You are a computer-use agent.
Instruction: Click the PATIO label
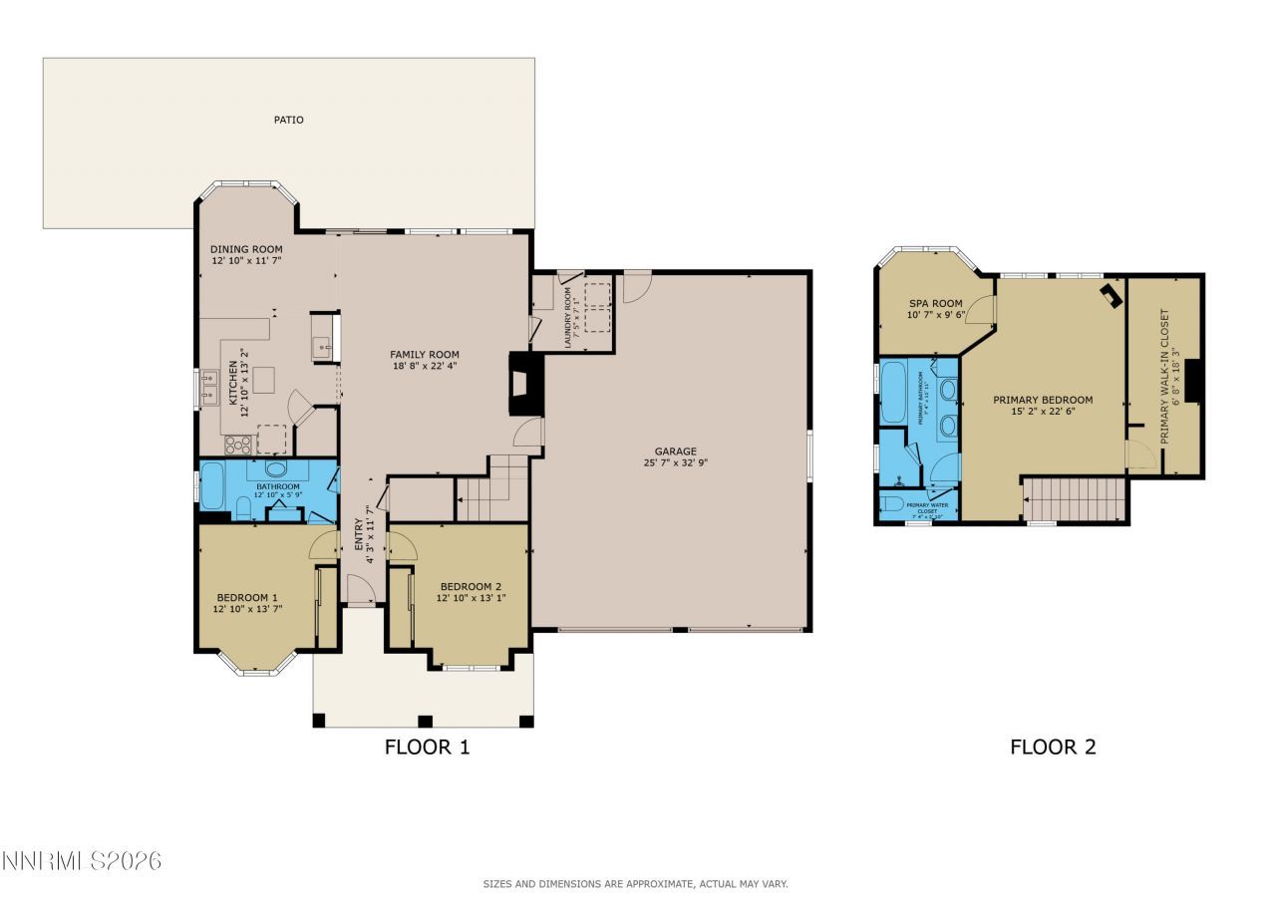point(288,120)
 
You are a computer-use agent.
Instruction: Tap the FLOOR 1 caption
point(427,747)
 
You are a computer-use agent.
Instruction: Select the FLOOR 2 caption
point(1053,747)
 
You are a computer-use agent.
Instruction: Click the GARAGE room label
point(675,451)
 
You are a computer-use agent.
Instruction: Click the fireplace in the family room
point(526,384)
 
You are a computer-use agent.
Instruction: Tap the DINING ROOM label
point(246,249)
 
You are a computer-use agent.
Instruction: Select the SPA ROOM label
point(935,304)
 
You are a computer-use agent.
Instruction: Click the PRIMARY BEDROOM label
point(1043,400)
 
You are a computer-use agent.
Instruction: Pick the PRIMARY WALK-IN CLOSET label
point(1164,376)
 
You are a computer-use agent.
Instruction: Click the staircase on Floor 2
point(1075,498)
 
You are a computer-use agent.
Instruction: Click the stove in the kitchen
point(237,444)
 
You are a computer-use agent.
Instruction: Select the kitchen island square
point(263,380)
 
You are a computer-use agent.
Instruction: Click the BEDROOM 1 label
point(246,596)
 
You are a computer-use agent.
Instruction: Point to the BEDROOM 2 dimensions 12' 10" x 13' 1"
point(470,598)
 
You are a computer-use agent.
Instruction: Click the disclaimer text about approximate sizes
point(635,884)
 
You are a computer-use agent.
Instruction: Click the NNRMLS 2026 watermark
point(81,860)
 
